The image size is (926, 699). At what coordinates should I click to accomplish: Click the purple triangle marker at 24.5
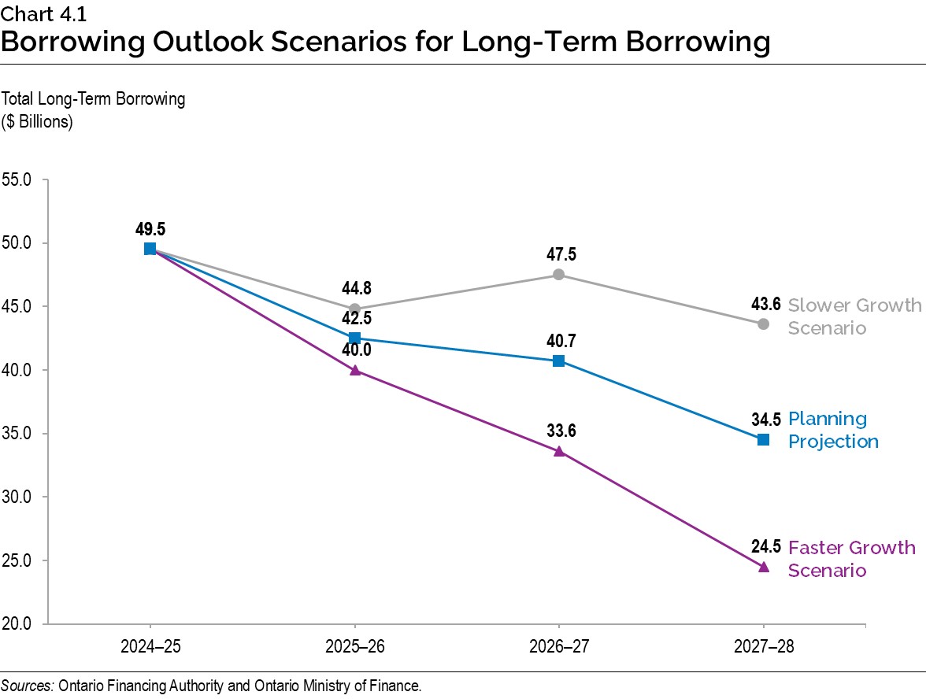[763, 567]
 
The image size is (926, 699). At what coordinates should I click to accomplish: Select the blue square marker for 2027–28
[763, 439]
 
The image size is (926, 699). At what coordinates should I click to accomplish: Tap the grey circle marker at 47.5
[558, 274]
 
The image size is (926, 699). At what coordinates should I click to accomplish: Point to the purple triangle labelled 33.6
[558, 451]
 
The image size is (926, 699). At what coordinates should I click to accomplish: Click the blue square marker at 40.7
[558, 361]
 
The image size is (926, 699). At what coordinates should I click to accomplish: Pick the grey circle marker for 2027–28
[763, 324]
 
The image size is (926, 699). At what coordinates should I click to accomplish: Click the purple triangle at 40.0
[354, 369]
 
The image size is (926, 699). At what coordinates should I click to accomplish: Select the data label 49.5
[150, 229]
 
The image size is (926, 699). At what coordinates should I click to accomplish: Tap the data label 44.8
[354, 289]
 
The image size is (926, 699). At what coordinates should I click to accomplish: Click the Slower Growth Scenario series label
[854, 316]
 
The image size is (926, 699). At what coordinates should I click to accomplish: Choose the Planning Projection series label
[832, 430]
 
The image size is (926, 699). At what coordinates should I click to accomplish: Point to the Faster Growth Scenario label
[851, 559]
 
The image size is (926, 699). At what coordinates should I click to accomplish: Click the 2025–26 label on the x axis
[354, 647]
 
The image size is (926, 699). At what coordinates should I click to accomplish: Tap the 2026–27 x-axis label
[558, 647]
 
